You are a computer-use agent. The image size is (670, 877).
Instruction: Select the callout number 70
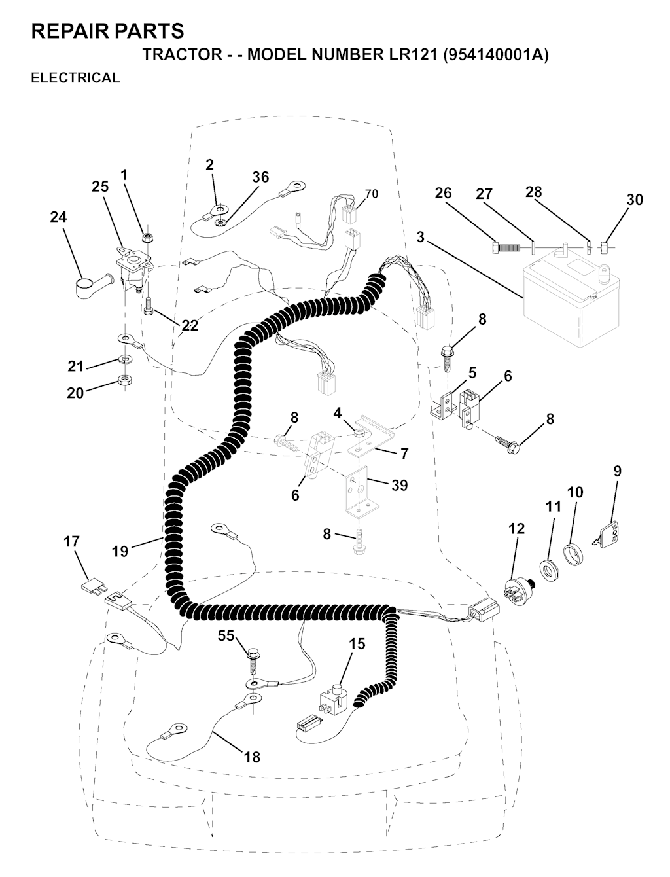pyautogui.click(x=372, y=194)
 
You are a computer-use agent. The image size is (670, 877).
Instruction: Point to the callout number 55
pyautogui.click(x=226, y=635)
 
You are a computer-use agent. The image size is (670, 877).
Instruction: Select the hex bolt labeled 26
pyautogui.click(x=506, y=247)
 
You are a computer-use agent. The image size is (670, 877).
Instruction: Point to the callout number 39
pyautogui.click(x=399, y=485)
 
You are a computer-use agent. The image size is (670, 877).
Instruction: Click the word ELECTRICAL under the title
pyautogui.click(x=75, y=77)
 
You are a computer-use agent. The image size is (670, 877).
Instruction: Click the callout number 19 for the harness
pyautogui.click(x=120, y=551)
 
